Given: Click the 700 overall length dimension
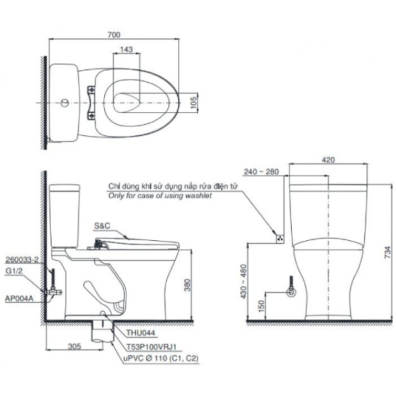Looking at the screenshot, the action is pos(114,34).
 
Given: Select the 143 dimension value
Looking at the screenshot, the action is pos(126,49).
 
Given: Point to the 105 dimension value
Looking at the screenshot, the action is pos(193,102).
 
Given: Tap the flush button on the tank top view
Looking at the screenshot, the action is pos(65,103).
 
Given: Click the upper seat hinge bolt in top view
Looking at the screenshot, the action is pos(92,89).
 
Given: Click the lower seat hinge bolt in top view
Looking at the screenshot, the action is pos(92,116).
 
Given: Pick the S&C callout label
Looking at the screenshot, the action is pos(102,226).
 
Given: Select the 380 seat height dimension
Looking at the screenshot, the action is pos(187,285).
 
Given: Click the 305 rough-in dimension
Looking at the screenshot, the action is pos(74,346).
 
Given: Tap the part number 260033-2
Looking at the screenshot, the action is pos(22,259).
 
